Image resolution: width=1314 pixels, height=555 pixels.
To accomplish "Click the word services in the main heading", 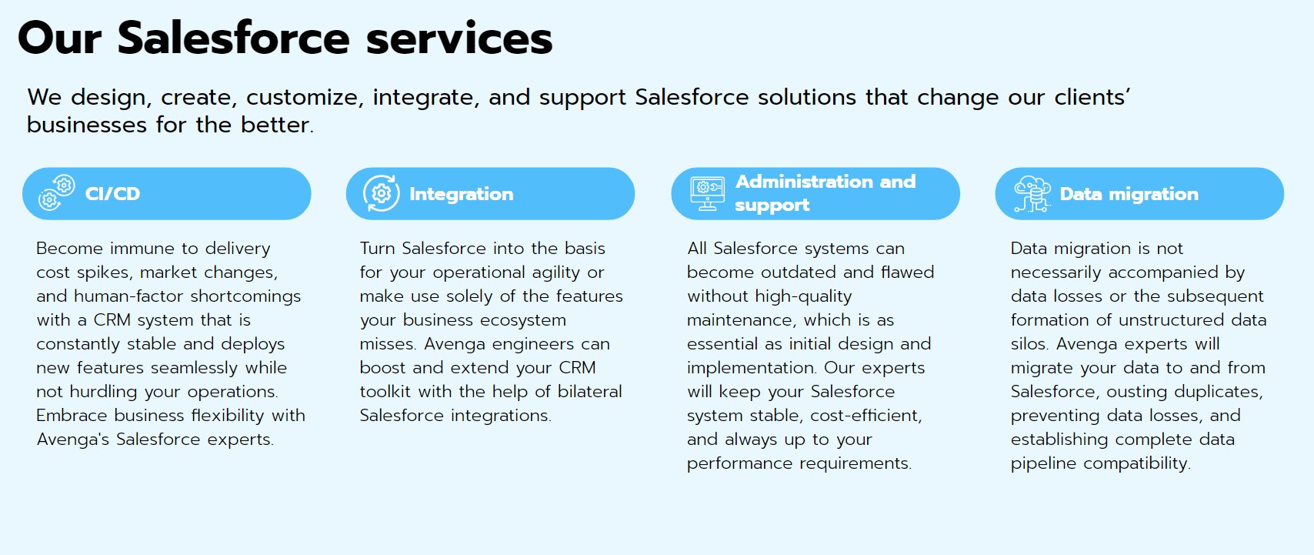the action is point(459,38).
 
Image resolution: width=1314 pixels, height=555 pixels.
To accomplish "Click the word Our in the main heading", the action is point(60,38).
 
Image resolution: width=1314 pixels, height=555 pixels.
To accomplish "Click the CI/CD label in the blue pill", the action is point(112,194).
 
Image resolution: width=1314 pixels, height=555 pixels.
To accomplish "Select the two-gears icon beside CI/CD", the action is point(56,192).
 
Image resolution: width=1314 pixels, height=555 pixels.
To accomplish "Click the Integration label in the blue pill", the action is point(461,194).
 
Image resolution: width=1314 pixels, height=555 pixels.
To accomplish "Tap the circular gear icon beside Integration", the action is point(382,193).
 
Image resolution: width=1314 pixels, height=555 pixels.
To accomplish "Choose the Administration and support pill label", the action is point(825,193).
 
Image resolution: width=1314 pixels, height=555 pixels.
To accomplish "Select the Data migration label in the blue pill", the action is point(1129,194).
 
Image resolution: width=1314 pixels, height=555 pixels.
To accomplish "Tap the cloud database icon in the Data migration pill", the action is point(1032,194).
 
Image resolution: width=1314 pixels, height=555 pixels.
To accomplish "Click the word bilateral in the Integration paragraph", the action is point(589,391).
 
